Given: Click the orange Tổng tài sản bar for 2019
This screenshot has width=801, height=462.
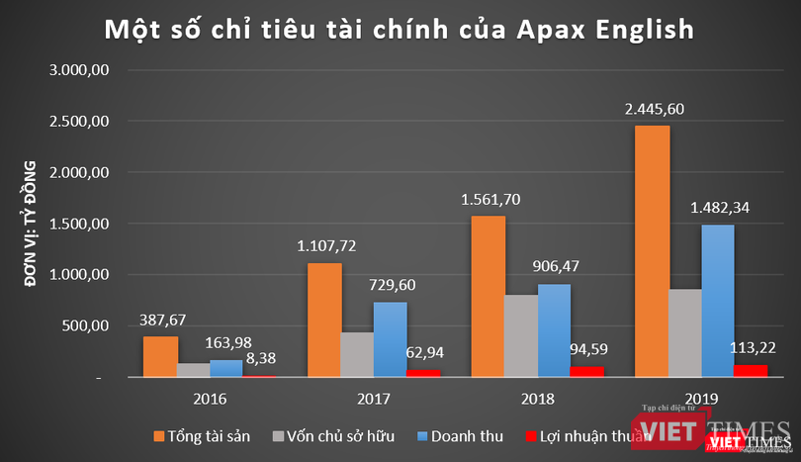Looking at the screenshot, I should point(653,251).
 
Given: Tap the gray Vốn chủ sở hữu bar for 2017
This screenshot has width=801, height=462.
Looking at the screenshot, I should point(357,354).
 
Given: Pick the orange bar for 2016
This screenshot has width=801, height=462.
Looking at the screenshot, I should point(160,356).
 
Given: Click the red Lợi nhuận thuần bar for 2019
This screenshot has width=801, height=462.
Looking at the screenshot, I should point(751,370).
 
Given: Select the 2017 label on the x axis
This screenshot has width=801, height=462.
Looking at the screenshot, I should point(374,399).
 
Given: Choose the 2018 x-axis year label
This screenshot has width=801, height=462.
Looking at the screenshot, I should point(537,399).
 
